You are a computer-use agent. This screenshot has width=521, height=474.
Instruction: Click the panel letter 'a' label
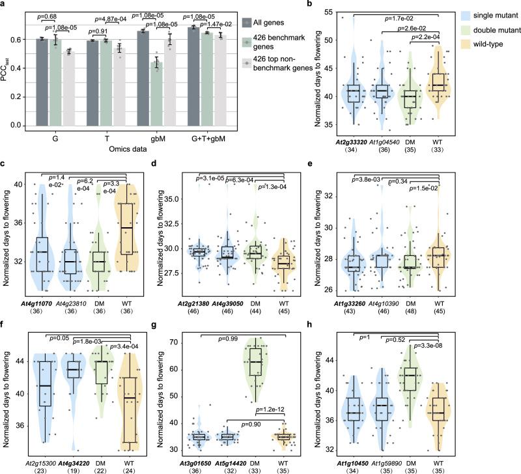pyautogui.click(x=4, y=5)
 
